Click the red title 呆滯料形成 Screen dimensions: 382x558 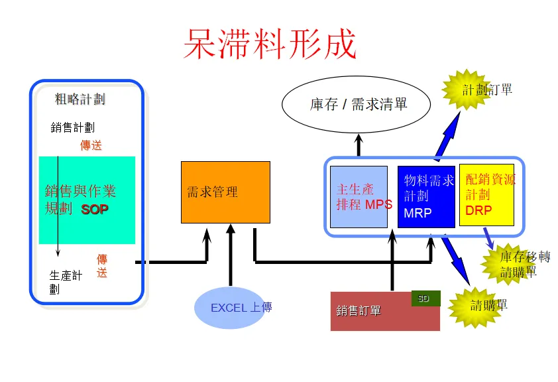pyautogui.click(x=270, y=44)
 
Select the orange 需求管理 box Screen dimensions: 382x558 pyautogui.click(x=225, y=192)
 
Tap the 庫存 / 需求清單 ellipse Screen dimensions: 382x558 pyautogui.click(x=357, y=104)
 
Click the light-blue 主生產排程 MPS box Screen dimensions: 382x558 pyautogui.click(x=359, y=197)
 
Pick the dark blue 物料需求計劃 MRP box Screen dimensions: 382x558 pyautogui.click(x=426, y=197)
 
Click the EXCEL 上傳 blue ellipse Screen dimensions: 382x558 pyautogui.click(x=233, y=308)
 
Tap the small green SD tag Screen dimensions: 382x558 pyautogui.click(x=425, y=298)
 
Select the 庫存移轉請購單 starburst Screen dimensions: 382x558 pyautogui.click(x=515, y=264)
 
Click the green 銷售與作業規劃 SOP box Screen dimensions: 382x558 pyautogui.click(x=87, y=200)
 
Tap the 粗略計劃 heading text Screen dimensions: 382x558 pyautogui.click(x=80, y=99)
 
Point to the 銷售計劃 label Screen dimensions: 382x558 pyautogui.click(x=72, y=127)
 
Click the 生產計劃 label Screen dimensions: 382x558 pyautogui.click(x=66, y=281)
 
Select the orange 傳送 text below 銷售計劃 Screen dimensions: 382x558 pyautogui.click(x=91, y=145)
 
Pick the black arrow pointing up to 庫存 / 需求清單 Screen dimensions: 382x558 pyautogui.click(x=359, y=146)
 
